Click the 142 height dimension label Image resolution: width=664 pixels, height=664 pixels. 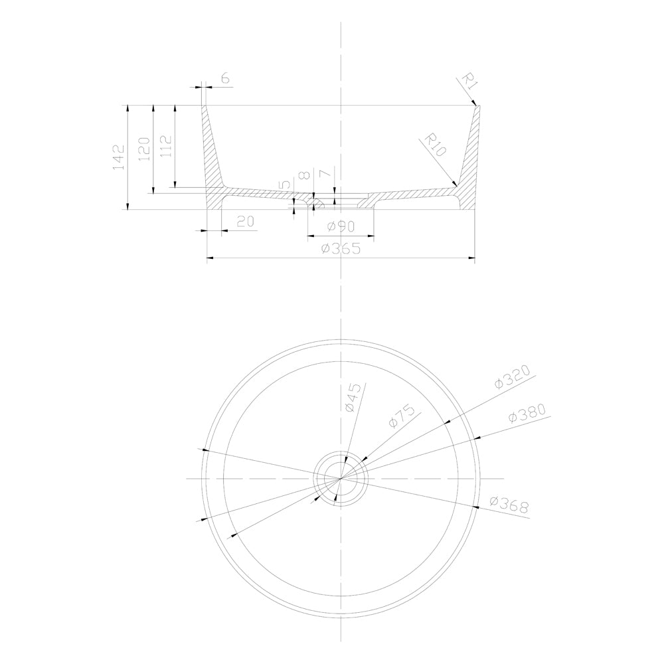coord(119,157)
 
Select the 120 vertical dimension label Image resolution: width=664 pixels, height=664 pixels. coord(144,149)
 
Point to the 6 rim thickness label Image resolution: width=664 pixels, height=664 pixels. coord(225,78)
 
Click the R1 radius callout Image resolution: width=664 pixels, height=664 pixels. coord(469,82)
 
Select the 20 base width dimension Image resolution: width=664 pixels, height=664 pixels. coord(245,222)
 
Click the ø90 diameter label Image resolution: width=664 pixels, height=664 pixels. coord(341,226)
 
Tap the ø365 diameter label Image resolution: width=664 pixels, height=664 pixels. coord(341,248)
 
